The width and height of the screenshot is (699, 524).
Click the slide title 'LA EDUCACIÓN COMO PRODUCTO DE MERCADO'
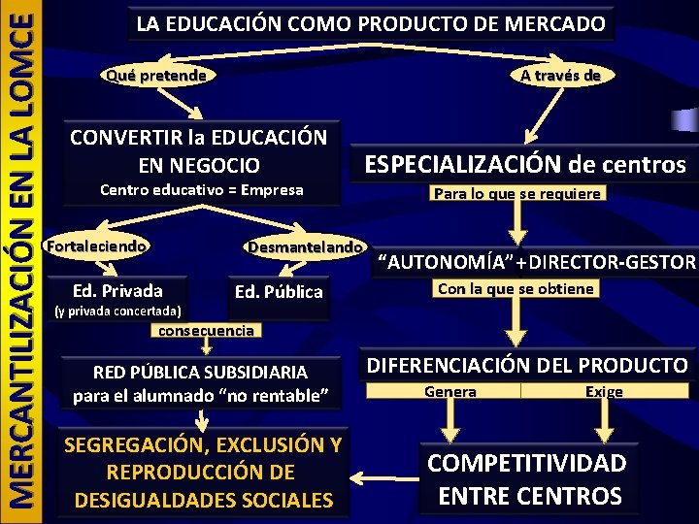click(370, 24)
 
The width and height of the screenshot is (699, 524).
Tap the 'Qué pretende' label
click(156, 75)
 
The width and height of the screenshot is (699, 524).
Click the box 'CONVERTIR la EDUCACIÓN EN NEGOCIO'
click(198, 150)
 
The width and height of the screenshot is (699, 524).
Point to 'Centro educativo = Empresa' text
click(202, 190)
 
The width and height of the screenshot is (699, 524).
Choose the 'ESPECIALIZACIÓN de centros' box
click(524, 165)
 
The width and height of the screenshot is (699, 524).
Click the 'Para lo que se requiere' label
click(517, 194)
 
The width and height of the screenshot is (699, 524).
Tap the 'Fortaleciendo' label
click(97, 246)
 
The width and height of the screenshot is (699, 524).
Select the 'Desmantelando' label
click(304, 247)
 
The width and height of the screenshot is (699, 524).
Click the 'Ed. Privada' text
click(117, 290)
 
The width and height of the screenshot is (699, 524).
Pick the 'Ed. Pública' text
click(279, 291)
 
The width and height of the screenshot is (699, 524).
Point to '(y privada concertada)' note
click(117, 311)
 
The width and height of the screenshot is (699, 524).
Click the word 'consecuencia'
click(206, 330)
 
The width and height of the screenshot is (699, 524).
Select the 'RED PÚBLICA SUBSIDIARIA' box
click(200, 383)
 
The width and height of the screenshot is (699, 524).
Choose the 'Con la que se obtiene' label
click(516, 289)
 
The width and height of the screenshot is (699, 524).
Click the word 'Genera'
click(450, 392)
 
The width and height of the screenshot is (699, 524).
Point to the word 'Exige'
click(604, 392)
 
